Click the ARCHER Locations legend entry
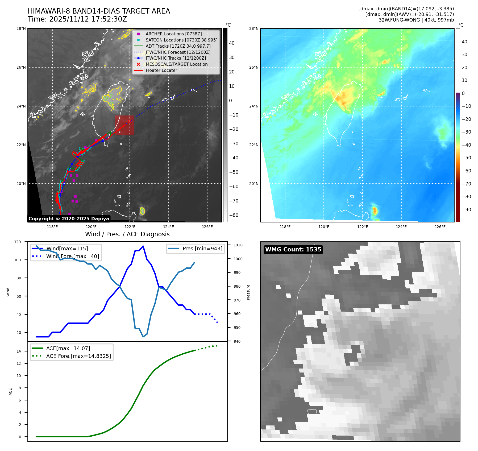pos(173,34)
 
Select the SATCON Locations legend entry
pos(181,40)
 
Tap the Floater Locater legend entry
pos(161,71)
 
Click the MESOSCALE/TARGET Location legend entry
pos(176,64)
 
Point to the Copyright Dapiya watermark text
pos(69,219)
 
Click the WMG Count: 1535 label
pos(293,250)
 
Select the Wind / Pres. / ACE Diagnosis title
pos(127,234)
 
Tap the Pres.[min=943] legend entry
pos(202,249)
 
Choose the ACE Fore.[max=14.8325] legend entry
pos(78,356)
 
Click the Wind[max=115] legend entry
pos(67,249)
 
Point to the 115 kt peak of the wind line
pos(143,246)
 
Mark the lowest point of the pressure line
pos(143,337)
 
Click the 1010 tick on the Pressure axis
pos(238,245)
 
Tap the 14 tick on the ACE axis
pos(19,351)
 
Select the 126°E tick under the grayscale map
pos(207,227)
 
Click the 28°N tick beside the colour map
pos(253,29)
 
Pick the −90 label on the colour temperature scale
pos(467,210)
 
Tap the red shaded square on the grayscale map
pos(124,125)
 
